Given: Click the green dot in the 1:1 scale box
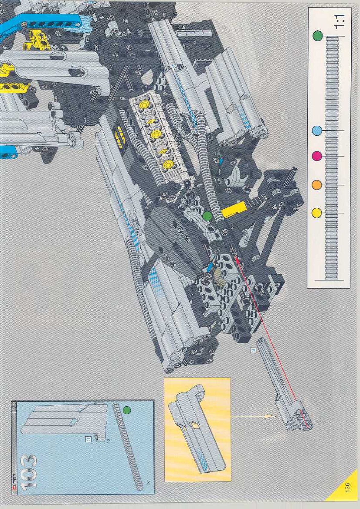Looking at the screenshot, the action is pyautogui.click(x=317, y=36).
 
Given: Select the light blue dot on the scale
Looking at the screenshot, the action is pyautogui.click(x=317, y=131).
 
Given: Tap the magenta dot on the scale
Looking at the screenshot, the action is pyautogui.click(x=317, y=156).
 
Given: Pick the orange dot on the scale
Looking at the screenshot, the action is pyautogui.click(x=317, y=185).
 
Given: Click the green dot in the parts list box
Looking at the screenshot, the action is pyautogui.click(x=127, y=410).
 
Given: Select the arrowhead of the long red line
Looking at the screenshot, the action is pyautogui.click(x=236, y=257).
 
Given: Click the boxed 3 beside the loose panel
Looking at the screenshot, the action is pyautogui.click(x=254, y=350).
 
